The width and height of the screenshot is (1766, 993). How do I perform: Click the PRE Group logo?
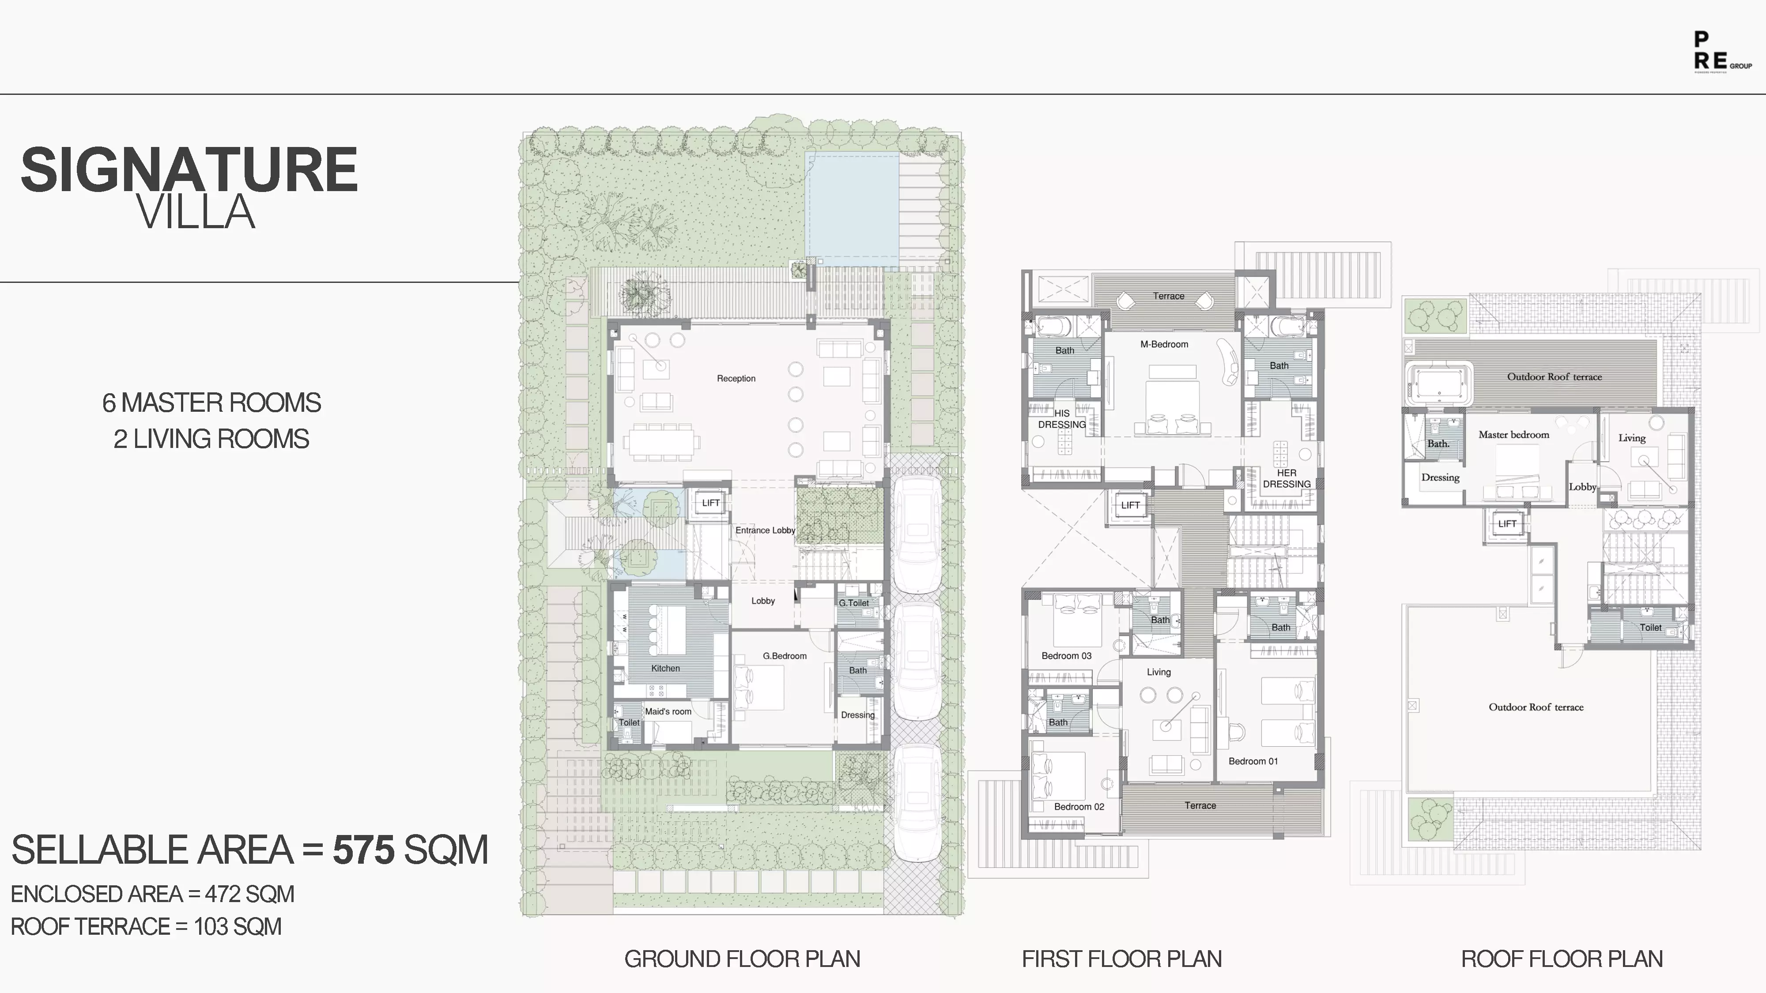pos(1721,61)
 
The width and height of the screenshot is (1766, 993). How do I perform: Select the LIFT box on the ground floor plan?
pos(710,503)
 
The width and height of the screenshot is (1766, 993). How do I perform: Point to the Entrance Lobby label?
pos(765,530)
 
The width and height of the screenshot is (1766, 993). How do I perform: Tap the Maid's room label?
pos(668,711)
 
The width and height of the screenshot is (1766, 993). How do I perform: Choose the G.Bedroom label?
pos(784,656)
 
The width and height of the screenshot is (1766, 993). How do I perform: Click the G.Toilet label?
pos(853,603)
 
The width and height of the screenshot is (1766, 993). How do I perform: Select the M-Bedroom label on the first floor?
pos(1164,344)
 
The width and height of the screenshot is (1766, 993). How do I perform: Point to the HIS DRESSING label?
pos(1062,419)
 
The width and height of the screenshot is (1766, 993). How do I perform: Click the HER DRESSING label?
pos(1287,478)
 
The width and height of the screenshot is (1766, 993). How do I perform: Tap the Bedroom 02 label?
pos(1079,807)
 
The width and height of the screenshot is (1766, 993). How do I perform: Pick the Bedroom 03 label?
pos(1066,656)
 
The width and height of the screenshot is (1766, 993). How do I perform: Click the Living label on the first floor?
pos(1158,672)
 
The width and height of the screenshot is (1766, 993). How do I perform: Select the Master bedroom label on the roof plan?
pos(1514,434)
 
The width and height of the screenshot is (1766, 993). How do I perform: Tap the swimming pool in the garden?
pos(852,209)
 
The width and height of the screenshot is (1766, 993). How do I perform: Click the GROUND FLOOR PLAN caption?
pos(742,959)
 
